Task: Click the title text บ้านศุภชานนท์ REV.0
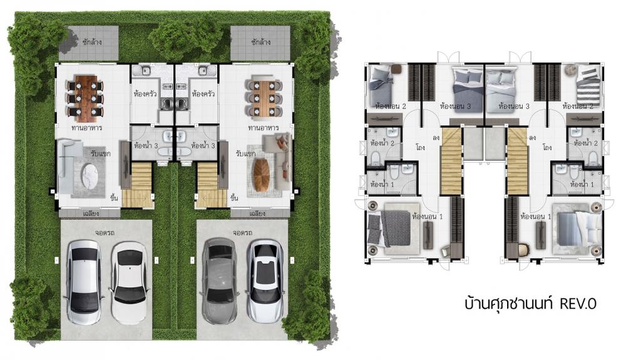pyautogui.click(x=530, y=304)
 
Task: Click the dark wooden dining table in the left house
pyautogui.click(x=85, y=98)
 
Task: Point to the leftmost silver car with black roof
pyautogui.click(x=84, y=282)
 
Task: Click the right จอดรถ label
pyautogui.click(x=243, y=232)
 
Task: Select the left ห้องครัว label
pyautogui.click(x=145, y=94)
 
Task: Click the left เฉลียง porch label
pyautogui.click(x=91, y=213)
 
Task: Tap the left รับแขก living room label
pyautogui.click(x=101, y=153)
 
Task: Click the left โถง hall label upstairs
pyautogui.click(x=420, y=147)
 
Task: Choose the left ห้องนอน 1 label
pyautogui.click(x=428, y=217)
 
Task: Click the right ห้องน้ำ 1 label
pyautogui.click(x=582, y=185)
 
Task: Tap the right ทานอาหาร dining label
pyautogui.click(x=264, y=128)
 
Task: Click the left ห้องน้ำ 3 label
pyautogui.click(x=146, y=146)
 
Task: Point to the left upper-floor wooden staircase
pyautogui.click(x=451, y=162)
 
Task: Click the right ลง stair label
pyautogui.click(x=532, y=138)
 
